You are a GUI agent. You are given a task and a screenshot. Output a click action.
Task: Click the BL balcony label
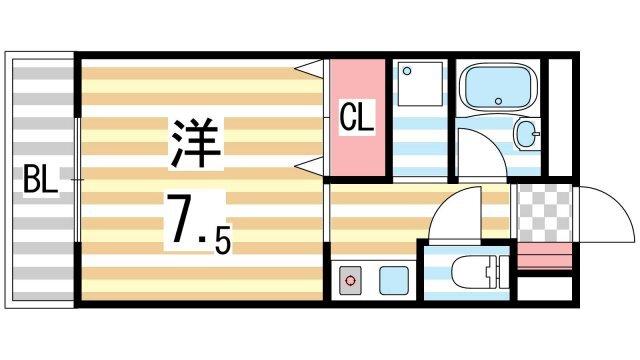click(x=40, y=182)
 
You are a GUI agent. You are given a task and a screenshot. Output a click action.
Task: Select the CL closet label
click(x=357, y=118)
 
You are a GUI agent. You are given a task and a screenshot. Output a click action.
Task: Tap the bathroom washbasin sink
click(x=526, y=135)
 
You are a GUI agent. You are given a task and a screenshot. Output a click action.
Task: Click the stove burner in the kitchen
click(x=351, y=281)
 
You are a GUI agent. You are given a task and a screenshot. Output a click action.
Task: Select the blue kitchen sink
click(x=390, y=281)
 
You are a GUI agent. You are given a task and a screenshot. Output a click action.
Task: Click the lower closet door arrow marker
click(x=311, y=165)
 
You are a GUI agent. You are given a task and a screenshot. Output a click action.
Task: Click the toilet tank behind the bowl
click(x=491, y=271)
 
